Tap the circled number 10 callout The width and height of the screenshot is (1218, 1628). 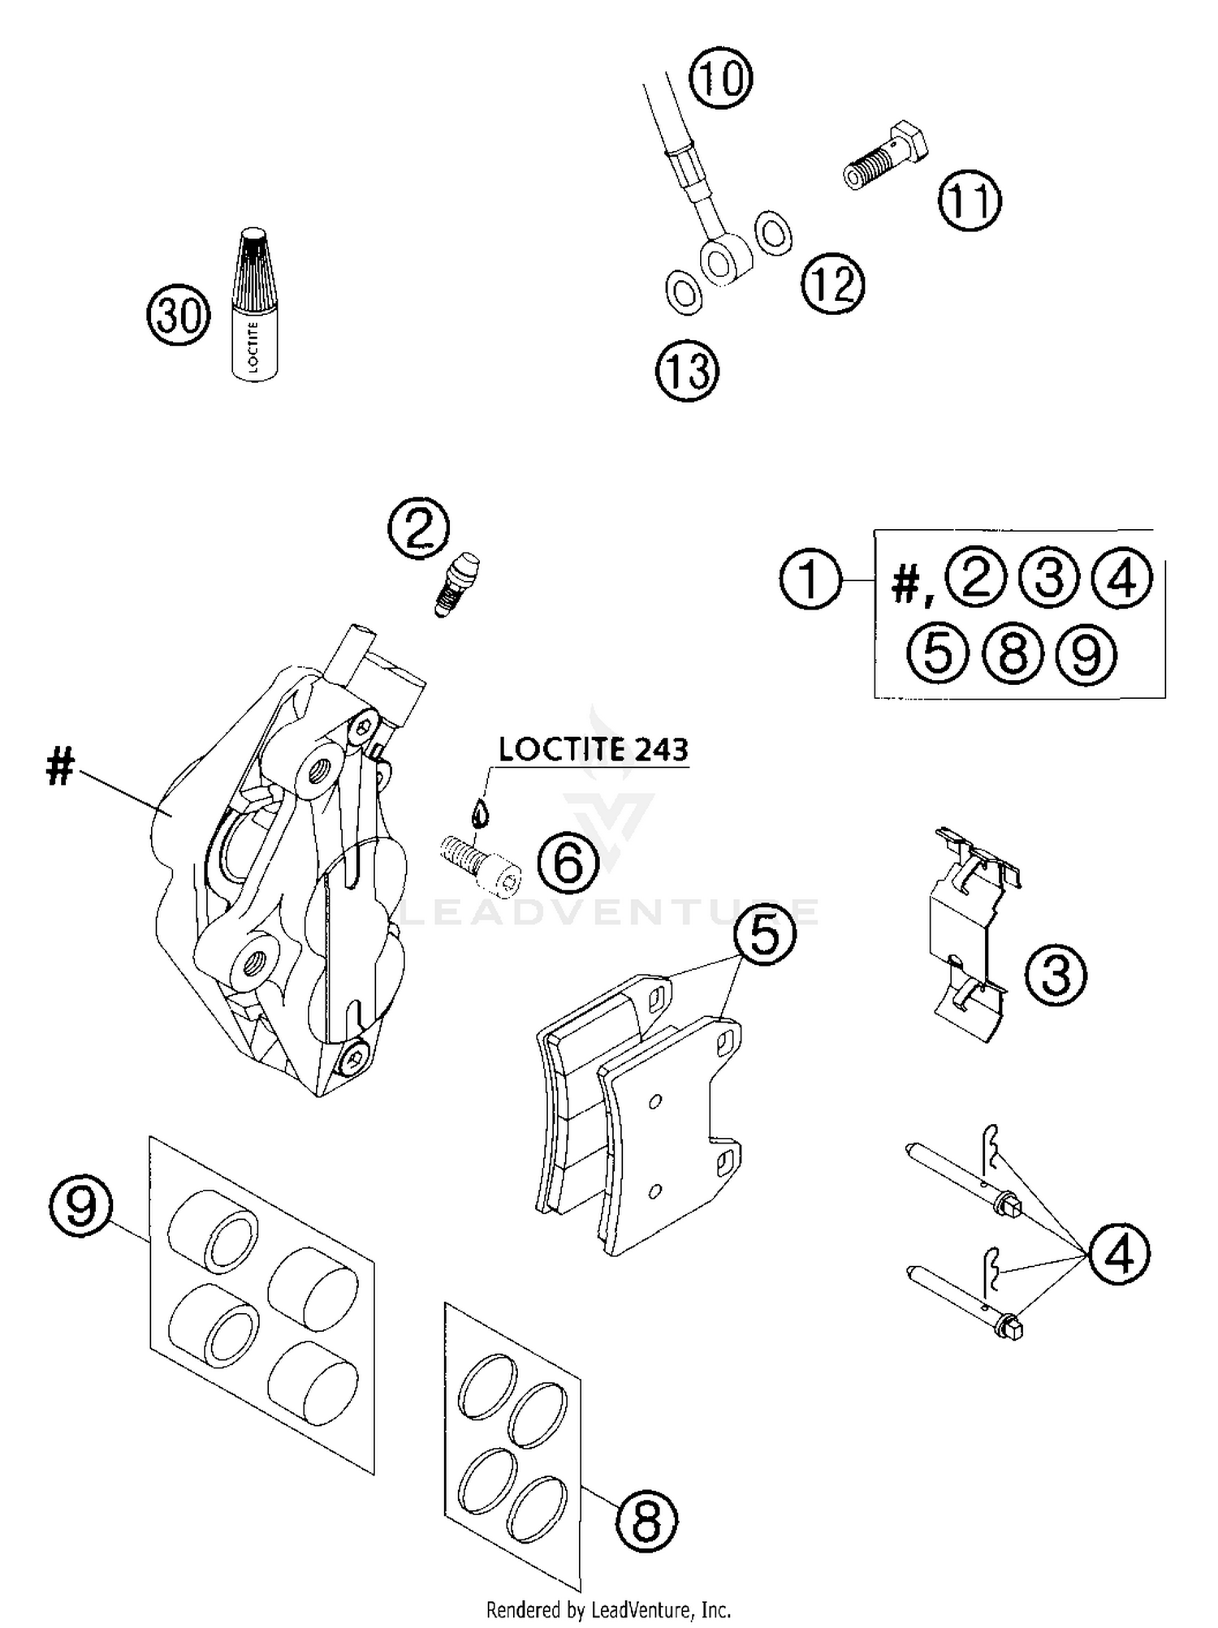pyautogui.click(x=721, y=79)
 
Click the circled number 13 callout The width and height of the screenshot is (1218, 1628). pyautogui.click(x=688, y=372)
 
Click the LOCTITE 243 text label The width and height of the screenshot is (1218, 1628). pyautogui.click(x=594, y=749)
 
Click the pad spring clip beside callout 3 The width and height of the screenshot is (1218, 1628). pyautogui.click(x=971, y=933)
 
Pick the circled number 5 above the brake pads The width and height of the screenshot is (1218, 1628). pyautogui.click(x=766, y=933)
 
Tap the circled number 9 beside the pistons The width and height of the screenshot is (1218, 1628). pyautogui.click(x=80, y=1206)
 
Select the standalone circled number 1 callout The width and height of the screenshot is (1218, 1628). pyautogui.click(x=810, y=579)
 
